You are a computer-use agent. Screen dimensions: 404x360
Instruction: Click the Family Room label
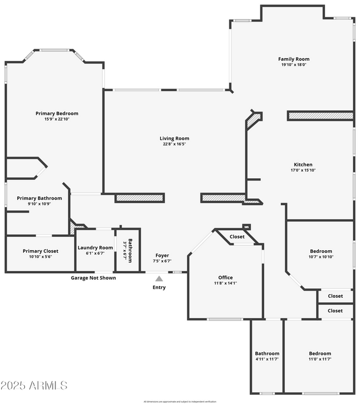click(x=294, y=59)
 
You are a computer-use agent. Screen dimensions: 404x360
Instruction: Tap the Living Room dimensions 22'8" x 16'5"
click(x=174, y=145)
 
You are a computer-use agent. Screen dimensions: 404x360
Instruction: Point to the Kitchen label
click(x=303, y=165)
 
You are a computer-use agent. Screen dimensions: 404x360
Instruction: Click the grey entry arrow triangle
click(x=159, y=279)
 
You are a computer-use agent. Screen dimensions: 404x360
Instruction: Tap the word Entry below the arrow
click(x=159, y=287)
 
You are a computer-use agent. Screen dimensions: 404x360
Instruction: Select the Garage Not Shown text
click(x=94, y=278)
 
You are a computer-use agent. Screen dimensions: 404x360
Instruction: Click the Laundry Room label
click(x=95, y=248)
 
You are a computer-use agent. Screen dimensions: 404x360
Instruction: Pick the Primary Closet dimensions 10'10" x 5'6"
click(x=40, y=257)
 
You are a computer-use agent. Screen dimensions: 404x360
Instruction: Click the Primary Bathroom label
click(x=39, y=198)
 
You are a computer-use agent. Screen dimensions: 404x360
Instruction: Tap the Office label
click(x=225, y=278)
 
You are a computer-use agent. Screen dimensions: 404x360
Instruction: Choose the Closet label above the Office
click(x=237, y=237)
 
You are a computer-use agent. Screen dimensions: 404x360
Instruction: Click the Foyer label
click(x=162, y=256)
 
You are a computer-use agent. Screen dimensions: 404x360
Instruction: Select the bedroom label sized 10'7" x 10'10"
click(x=320, y=251)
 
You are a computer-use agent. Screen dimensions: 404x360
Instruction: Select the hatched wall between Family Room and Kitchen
click(x=320, y=116)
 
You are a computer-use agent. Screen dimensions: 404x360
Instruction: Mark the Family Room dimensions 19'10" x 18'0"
click(x=294, y=65)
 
